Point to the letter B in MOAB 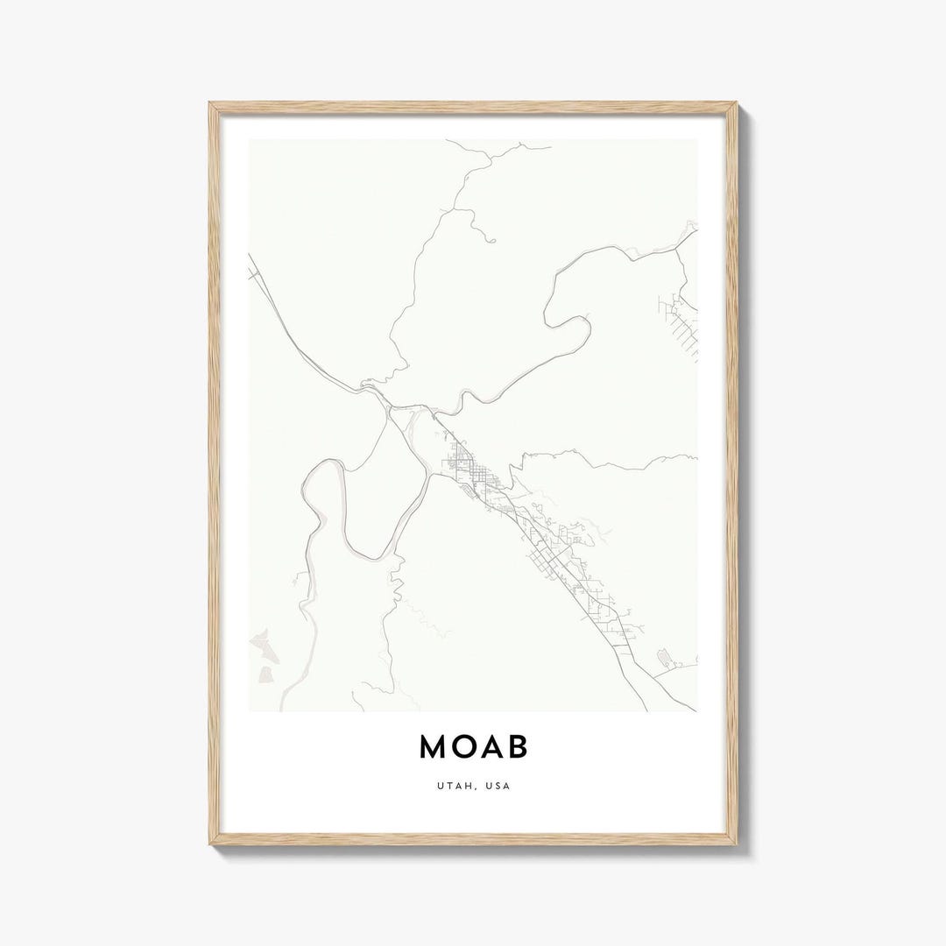tap(518, 746)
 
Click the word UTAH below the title tap(450, 786)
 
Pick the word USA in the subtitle tap(499, 786)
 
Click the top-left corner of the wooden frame tap(211, 104)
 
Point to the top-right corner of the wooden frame tap(735, 104)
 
